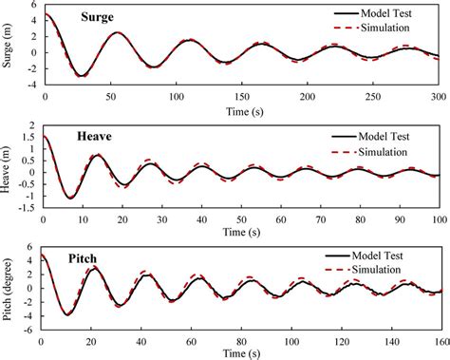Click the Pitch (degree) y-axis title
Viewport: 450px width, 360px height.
point(9,286)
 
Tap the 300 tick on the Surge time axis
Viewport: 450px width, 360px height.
point(438,97)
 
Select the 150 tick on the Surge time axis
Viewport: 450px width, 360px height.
point(240,97)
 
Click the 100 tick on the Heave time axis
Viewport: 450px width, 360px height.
point(436,218)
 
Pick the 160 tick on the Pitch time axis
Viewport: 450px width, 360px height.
point(437,339)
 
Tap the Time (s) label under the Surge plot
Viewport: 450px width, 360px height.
point(238,110)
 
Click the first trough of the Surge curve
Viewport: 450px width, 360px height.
point(81,76)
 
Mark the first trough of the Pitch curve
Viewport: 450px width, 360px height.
point(66,314)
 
